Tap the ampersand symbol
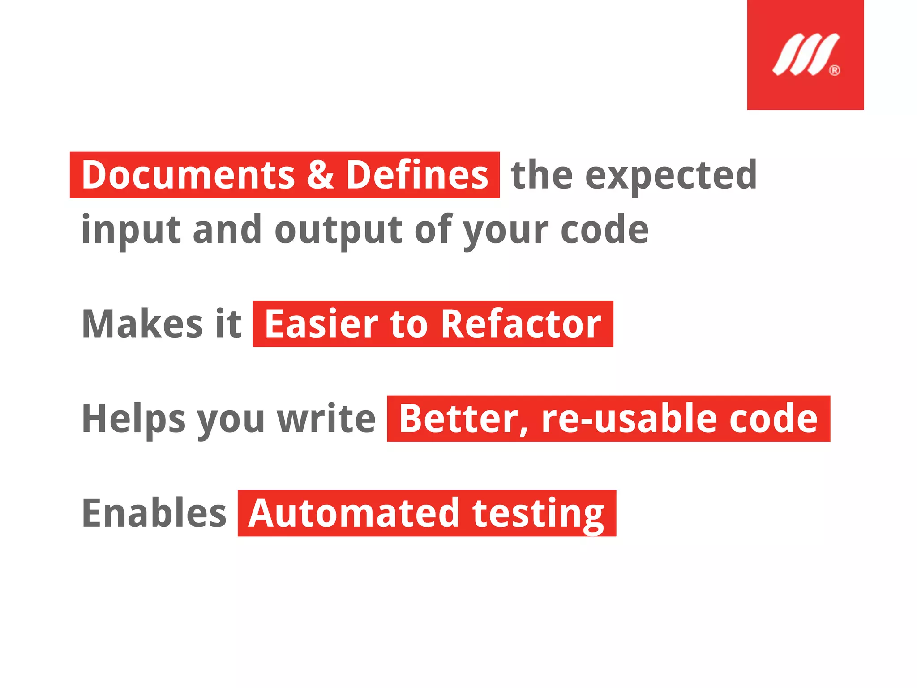321,175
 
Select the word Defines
417,175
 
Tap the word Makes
142,324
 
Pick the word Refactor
521,324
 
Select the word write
326,419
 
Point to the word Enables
154,513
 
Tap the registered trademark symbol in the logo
835,70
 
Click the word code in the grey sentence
604,230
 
